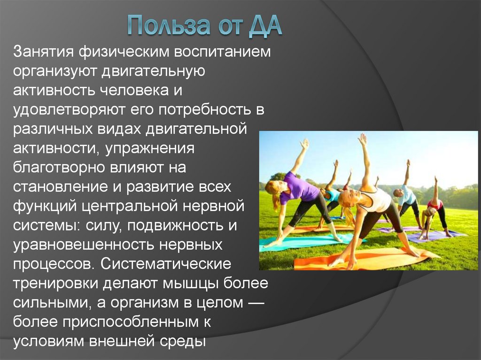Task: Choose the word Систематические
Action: [x=167, y=264]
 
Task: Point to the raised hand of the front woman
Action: [x=362, y=139]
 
